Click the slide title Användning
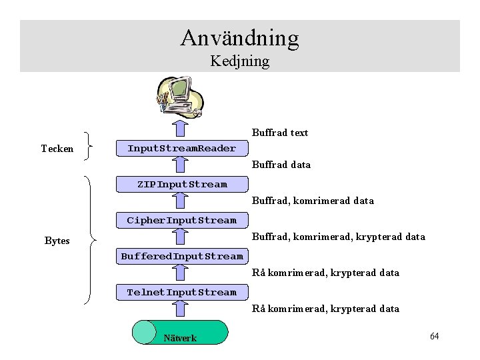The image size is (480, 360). click(x=239, y=37)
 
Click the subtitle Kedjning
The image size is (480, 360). click(x=239, y=61)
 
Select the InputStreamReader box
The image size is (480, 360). click(x=181, y=148)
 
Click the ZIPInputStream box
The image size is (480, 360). click(x=181, y=184)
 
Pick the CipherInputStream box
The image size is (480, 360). click(x=181, y=220)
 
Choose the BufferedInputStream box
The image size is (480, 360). click(x=181, y=256)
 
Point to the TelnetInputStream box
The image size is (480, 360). click(x=181, y=292)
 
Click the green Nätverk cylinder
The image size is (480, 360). click(x=180, y=332)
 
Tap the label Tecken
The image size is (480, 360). click(x=57, y=149)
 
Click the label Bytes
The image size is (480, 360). click(x=57, y=241)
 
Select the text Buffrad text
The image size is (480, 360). click(x=280, y=133)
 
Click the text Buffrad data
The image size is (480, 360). click(x=281, y=165)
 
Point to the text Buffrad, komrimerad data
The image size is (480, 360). click(x=313, y=201)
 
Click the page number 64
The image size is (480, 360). click(x=434, y=336)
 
